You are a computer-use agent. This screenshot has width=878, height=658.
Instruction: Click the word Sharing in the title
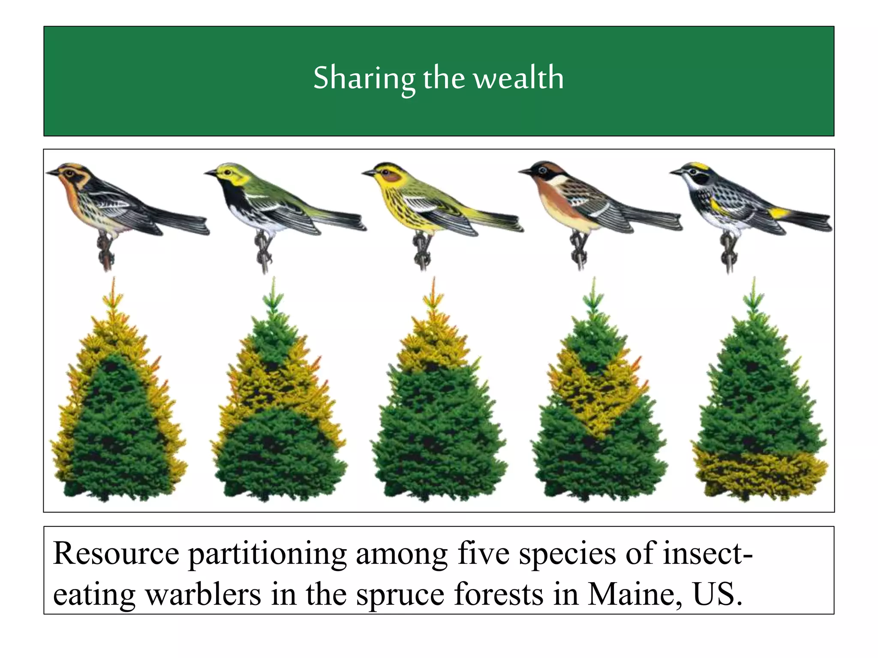pyautogui.click(x=364, y=78)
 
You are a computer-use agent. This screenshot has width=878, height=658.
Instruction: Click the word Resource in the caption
pyautogui.click(x=116, y=553)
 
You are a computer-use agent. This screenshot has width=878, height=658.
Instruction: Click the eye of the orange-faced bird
pyautogui.click(x=69, y=173)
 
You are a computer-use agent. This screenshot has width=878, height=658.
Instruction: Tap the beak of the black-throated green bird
pyautogui.click(x=210, y=173)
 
